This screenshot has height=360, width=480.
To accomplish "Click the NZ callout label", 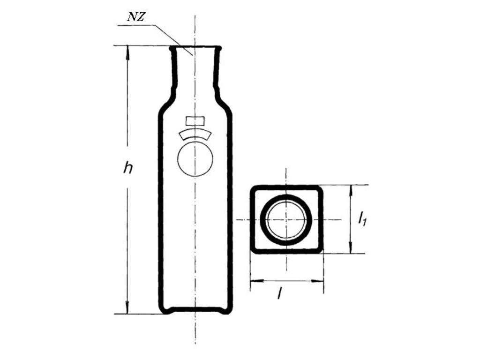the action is (x=135, y=17).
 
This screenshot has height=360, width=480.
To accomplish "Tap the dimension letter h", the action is (x=128, y=168).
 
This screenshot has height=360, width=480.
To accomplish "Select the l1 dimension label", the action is (x=362, y=218).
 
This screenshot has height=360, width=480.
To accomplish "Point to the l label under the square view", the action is (x=279, y=294).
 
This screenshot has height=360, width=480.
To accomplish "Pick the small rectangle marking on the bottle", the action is (x=195, y=120).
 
